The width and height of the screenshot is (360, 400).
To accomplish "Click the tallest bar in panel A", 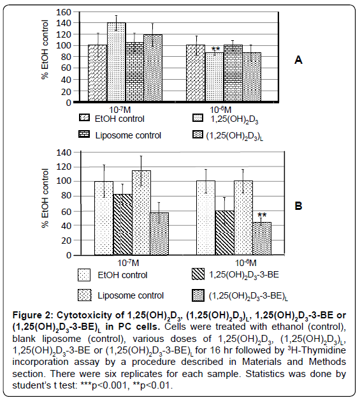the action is click(x=116, y=62).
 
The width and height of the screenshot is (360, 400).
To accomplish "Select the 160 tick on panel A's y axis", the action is click(x=63, y=12).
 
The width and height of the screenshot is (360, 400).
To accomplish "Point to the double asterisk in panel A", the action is click(x=215, y=49).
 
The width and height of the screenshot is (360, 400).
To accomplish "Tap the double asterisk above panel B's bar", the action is click(x=262, y=215).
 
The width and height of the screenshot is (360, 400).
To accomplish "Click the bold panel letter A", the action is click(x=298, y=60).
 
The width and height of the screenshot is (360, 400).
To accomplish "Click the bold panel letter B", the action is click(x=298, y=205).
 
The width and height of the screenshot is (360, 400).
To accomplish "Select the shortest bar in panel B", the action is click(x=262, y=238).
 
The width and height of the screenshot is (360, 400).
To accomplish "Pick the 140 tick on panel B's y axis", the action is click(x=64, y=152).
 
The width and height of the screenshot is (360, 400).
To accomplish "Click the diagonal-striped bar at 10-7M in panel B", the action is click(x=122, y=225).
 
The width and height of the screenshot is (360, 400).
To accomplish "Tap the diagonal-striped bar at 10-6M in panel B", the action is click(x=224, y=233).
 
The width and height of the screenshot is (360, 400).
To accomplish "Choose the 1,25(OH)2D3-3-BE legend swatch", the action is click(x=198, y=274).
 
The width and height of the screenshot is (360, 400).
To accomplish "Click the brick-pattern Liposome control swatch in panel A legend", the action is click(x=84, y=134).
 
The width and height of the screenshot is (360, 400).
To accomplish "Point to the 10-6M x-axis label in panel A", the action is click(x=220, y=110).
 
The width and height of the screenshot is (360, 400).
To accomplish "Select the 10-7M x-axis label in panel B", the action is click(x=128, y=263).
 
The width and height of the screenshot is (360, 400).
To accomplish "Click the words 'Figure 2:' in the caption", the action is click(x=33, y=315).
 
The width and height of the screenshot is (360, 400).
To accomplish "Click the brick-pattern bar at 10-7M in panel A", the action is click(x=134, y=71).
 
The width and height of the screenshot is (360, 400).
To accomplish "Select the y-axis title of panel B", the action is click(x=45, y=198).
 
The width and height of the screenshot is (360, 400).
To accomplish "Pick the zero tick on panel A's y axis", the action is click(x=68, y=103).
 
